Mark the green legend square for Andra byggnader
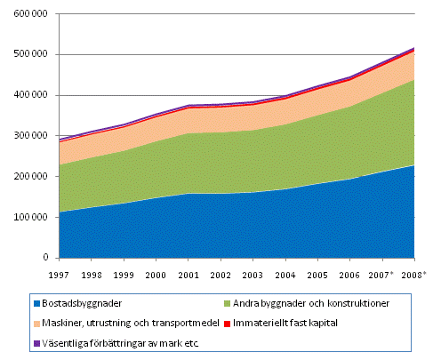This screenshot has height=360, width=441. coord(227,303)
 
